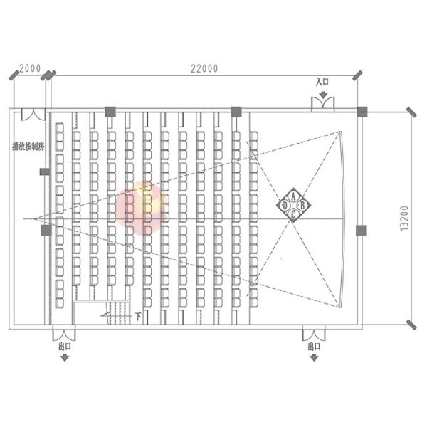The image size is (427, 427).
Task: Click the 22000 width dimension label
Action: pyautogui.click(x=204, y=68)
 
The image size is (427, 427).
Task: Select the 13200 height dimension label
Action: pyautogui.click(x=404, y=218)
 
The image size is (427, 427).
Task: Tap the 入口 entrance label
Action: pyautogui.click(x=322, y=82)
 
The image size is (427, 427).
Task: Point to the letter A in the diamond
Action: pyautogui.click(x=294, y=196)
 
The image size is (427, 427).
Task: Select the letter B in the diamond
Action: pyautogui.click(x=302, y=205)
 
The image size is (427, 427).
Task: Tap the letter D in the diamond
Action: pyautogui.click(x=285, y=205)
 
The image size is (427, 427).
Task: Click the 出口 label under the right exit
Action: pyautogui.click(x=314, y=347)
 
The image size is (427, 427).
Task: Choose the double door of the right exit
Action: pyautogui.click(x=314, y=333)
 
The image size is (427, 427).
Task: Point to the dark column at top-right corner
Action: pyautogui.click(x=362, y=111)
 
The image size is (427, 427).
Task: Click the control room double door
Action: pyautogui.click(x=32, y=115)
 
